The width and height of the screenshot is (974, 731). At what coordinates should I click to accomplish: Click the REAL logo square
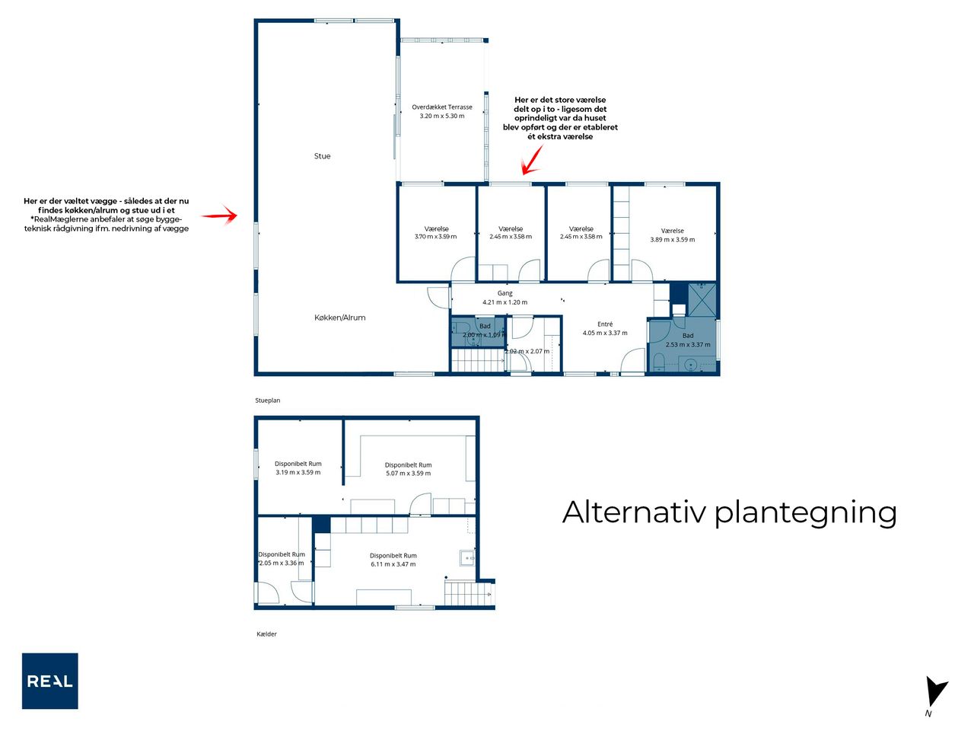click(x=49, y=681)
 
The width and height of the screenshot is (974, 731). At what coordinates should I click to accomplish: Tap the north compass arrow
click(x=935, y=692)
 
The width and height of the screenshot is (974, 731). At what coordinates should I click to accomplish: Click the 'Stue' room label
click(x=322, y=156)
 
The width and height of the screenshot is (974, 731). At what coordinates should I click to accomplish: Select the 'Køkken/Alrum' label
click(x=340, y=318)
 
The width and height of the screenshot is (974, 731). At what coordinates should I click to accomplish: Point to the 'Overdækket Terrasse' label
click(x=442, y=107)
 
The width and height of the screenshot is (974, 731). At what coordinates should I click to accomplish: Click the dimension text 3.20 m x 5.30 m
click(x=442, y=116)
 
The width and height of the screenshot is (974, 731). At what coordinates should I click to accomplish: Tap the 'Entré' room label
click(x=605, y=324)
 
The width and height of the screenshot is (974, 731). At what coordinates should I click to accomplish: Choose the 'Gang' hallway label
click(x=505, y=293)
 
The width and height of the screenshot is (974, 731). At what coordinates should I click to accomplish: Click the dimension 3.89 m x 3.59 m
click(x=672, y=240)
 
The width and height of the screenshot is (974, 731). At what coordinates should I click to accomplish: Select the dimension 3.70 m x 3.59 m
click(x=436, y=237)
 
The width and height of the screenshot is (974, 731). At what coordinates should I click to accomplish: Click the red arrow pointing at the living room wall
click(x=219, y=215)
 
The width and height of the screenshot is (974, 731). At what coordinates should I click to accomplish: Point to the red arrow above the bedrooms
click(x=532, y=160)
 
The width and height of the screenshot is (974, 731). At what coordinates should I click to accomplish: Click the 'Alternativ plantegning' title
click(x=729, y=513)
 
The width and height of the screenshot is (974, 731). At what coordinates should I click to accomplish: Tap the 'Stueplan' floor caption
click(x=268, y=401)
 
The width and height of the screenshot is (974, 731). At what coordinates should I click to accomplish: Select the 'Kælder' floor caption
click(x=266, y=634)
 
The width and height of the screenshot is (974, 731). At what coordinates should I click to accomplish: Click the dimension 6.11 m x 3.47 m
click(x=393, y=564)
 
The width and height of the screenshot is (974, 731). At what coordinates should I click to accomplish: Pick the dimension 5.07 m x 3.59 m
click(x=408, y=473)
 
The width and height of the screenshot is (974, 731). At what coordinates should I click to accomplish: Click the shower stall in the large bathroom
click(x=702, y=300)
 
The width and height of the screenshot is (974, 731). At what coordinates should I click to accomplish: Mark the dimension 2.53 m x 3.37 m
click(x=688, y=344)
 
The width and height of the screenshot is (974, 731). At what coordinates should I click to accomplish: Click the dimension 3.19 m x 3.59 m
click(x=298, y=472)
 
